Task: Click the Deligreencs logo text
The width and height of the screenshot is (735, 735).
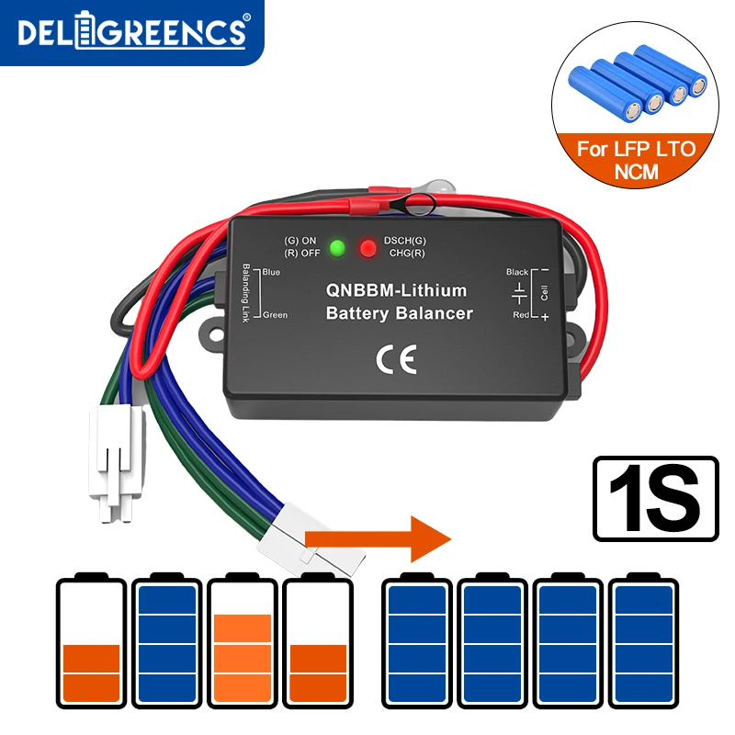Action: point(131,33)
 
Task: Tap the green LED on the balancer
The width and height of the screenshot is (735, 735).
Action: point(337,248)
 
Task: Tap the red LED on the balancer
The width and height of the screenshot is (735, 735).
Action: point(368,248)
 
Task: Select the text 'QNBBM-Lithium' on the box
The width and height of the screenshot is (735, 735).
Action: point(396,290)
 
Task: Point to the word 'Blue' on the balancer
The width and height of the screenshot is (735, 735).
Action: point(271,273)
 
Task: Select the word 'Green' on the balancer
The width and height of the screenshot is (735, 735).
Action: point(275,315)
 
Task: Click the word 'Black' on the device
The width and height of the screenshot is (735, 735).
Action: point(517,272)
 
